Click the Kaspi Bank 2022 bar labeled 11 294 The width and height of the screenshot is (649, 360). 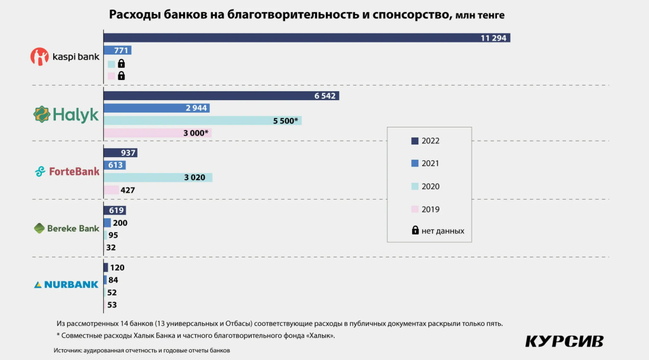coord(307,38)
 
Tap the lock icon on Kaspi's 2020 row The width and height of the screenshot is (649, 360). coord(121,63)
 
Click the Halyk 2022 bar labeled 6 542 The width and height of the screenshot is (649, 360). coord(221,96)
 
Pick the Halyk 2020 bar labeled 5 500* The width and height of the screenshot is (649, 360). coord(202,120)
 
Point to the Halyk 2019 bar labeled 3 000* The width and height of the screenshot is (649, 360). coord(157,132)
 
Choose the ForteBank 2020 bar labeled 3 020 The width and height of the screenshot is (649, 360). coord(158,177)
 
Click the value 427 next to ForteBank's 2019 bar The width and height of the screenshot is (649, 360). coord(127,190)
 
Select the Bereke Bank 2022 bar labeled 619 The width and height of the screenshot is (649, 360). coord(115,210)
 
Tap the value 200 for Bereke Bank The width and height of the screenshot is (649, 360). coord(120,222)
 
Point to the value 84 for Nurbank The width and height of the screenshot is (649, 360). coord(113,280)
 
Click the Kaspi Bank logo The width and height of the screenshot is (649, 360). coord(65,57)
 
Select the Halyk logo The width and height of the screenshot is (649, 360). coord(66,114)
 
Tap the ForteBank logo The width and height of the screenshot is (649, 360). coord(67,171)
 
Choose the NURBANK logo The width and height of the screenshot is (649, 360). coord(66,285)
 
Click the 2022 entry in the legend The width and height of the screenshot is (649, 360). coord(426,141)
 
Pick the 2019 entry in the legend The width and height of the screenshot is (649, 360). coord(426,209)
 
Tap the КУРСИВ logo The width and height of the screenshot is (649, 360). coord(564,341)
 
